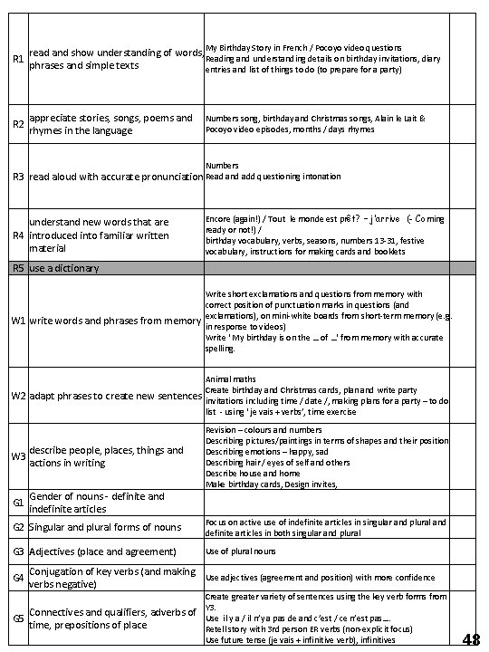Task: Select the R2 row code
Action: pos(16,125)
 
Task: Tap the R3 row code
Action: pos(16,177)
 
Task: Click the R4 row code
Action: pos(16,235)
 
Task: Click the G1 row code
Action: pos(16,503)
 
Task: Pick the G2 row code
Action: pos(16,527)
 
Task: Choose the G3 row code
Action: pos(16,551)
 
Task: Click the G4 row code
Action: pos(16,578)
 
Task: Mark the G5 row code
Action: pos(16,618)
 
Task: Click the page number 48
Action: pos(471,639)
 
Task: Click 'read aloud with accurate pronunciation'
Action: pos(117,177)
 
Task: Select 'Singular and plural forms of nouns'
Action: pos(105,527)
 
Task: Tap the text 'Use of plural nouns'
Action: pos(239,551)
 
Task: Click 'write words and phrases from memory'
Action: pos(116,321)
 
